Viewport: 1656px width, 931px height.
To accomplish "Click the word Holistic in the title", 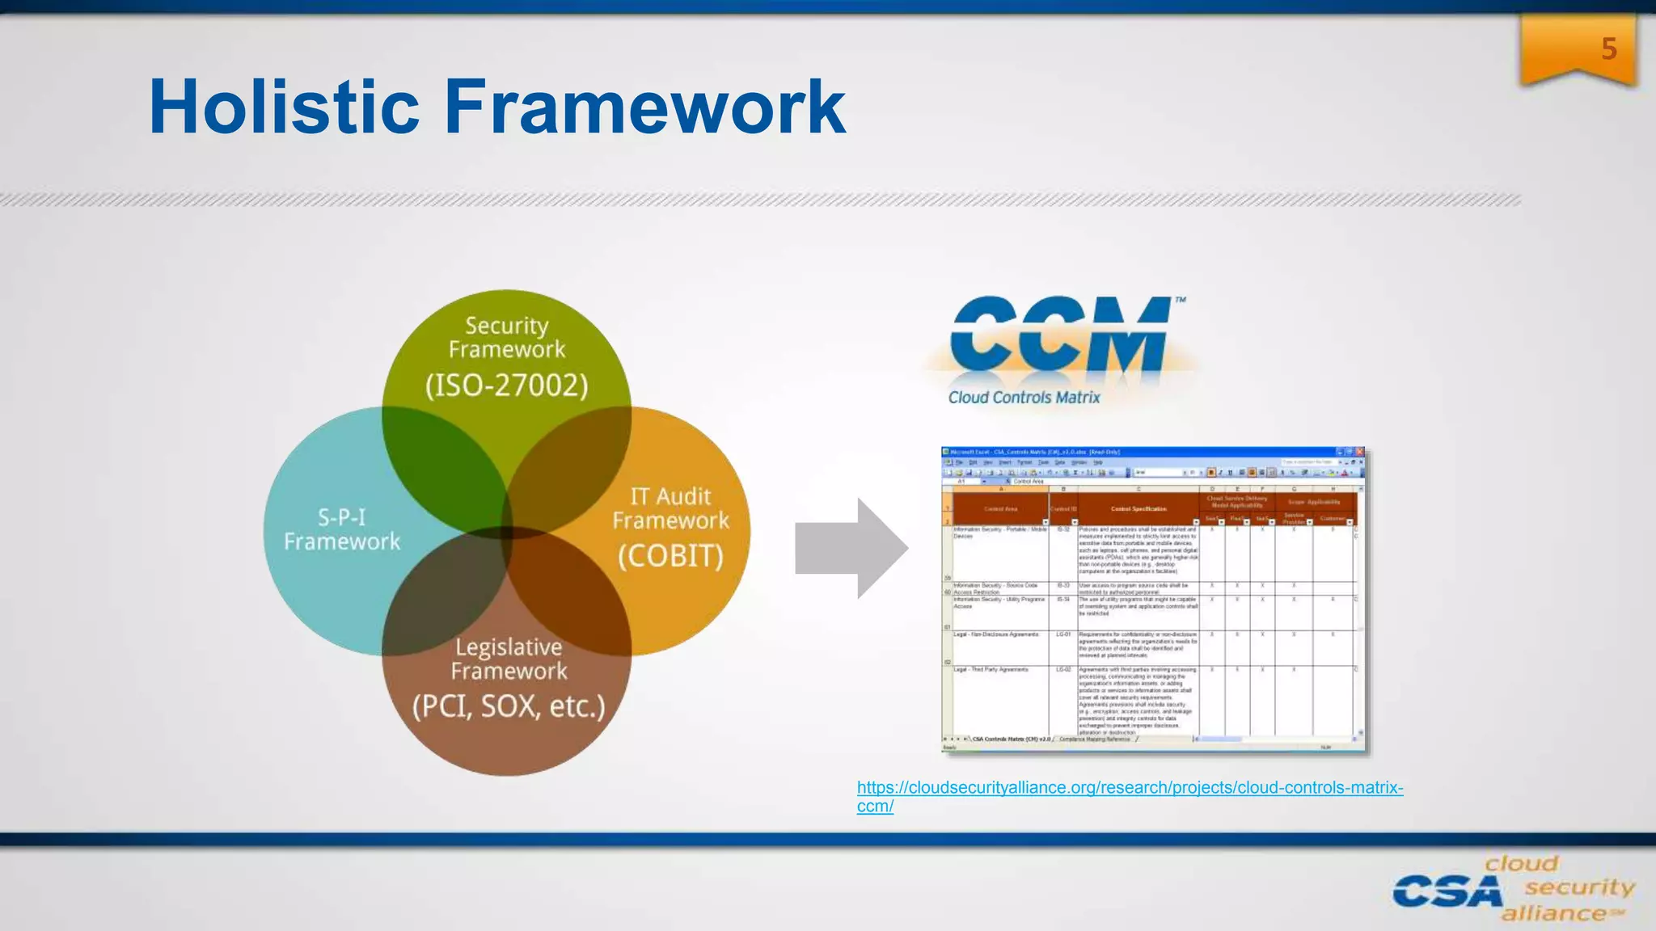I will (x=283, y=107).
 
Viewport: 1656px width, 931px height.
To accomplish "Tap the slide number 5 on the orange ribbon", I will (x=1608, y=49).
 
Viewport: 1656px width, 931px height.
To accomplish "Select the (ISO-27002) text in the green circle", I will (x=507, y=385).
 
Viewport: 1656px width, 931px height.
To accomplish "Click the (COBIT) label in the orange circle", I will (x=670, y=556).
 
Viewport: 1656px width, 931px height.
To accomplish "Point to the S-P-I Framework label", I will (x=342, y=529).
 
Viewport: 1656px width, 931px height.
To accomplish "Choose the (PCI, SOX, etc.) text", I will (x=509, y=706).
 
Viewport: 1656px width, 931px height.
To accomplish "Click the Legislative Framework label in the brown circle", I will (x=509, y=659).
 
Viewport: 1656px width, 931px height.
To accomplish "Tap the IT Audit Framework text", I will (x=670, y=508).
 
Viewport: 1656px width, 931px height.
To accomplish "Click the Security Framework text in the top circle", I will (x=507, y=337).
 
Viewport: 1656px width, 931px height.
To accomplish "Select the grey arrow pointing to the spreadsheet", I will (x=849, y=548).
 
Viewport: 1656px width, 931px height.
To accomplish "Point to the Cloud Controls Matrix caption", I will (x=1024, y=398).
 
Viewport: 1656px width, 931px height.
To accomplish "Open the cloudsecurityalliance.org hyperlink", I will (x=1129, y=788).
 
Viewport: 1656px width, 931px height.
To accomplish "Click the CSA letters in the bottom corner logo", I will (x=1446, y=893).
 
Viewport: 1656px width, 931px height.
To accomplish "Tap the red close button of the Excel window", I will (x=1360, y=453).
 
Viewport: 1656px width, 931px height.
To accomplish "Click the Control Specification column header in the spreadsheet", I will (x=1138, y=509).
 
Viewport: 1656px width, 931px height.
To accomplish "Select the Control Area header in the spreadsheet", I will (x=1000, y=509).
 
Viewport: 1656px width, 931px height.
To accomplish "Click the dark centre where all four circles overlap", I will (x=508, y=532).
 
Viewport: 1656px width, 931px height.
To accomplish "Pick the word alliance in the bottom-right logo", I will (x=1554, y=914).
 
